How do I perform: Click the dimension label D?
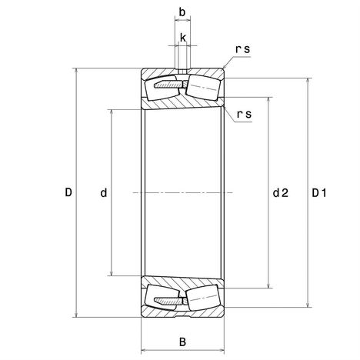(x=68, y=192)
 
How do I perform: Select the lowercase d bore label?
(x=104, y=192)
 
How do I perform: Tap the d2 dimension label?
(x=281, y=192)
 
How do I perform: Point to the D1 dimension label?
(x=319, y=193)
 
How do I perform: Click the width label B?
(x=182, y=342)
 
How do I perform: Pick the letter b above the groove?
(x=182, y=12)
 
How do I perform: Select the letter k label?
(x=183, y=38)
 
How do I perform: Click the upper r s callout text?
(x=242, y=49)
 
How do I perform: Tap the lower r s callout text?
(x=244, y=114)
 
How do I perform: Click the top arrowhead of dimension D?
(x=76, y=71)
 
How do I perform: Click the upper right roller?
(x=203, y=88)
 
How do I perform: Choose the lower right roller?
(x=204, y=298)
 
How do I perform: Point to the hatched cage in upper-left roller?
(x=168, y=85)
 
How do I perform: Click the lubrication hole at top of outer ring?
(x=182, y=71)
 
